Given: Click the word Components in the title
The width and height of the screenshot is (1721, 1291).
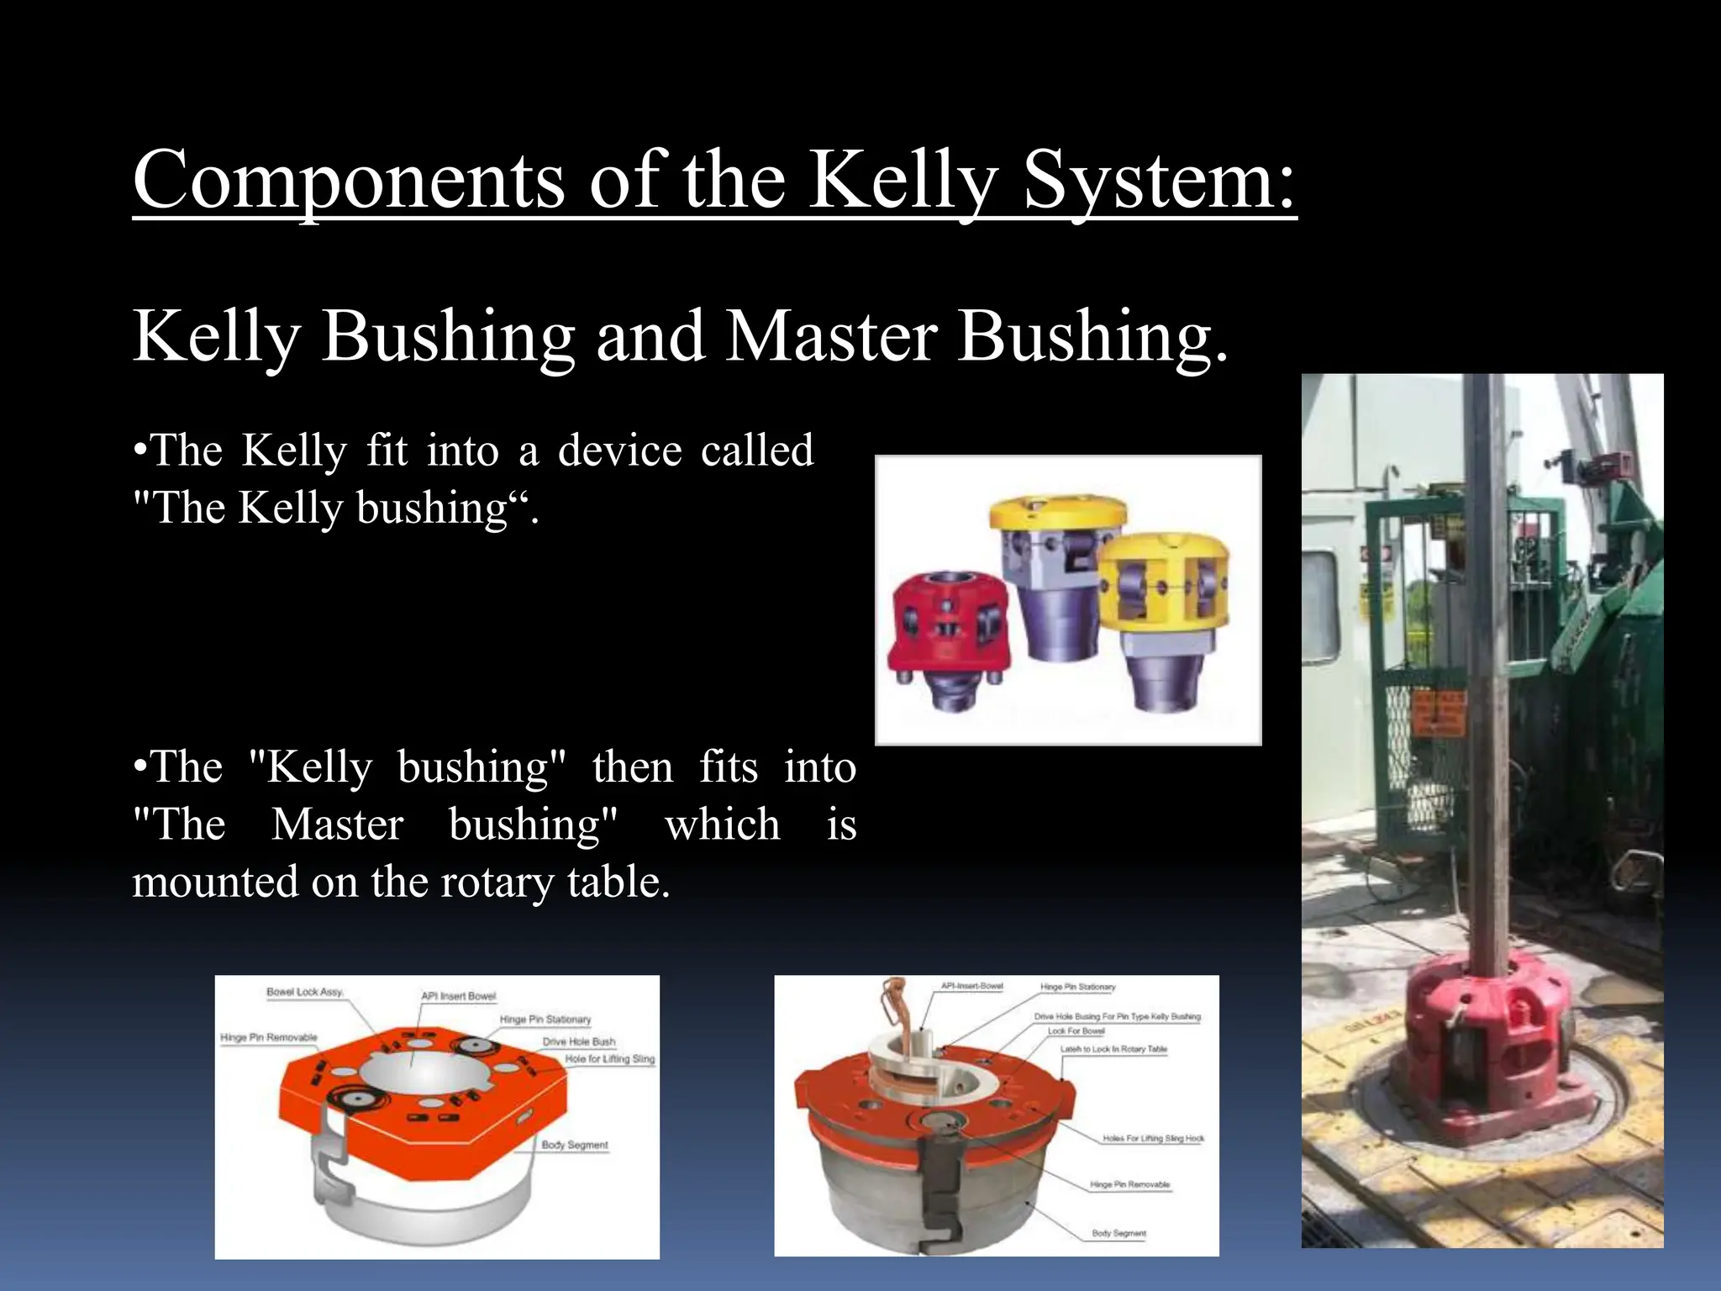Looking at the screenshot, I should (349, 181).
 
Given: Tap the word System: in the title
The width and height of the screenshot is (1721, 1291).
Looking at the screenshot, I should (1160, 181).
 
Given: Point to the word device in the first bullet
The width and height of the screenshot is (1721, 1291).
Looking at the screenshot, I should (620, 451).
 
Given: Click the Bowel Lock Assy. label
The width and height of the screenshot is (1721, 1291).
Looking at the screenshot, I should (304, 992).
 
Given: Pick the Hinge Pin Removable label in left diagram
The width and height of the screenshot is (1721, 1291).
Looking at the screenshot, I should (269, 1038).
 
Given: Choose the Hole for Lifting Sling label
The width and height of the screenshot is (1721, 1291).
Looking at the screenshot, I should (609, 1059).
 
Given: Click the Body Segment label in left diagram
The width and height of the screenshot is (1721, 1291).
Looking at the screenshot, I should (574, 1145).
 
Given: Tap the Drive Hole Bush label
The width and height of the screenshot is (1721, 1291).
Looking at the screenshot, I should (579, 1041).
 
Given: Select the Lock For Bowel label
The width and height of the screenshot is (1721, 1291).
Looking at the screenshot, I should (1076, 1031).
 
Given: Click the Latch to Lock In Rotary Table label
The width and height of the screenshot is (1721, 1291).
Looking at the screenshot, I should (1113, 1049).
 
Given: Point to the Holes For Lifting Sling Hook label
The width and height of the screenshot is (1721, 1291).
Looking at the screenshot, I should (1153, 1139).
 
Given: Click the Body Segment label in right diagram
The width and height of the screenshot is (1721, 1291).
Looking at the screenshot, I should (1118, 1233).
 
